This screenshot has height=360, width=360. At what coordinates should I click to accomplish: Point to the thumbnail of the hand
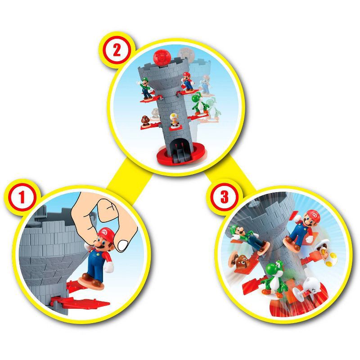(x=122, y=244)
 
